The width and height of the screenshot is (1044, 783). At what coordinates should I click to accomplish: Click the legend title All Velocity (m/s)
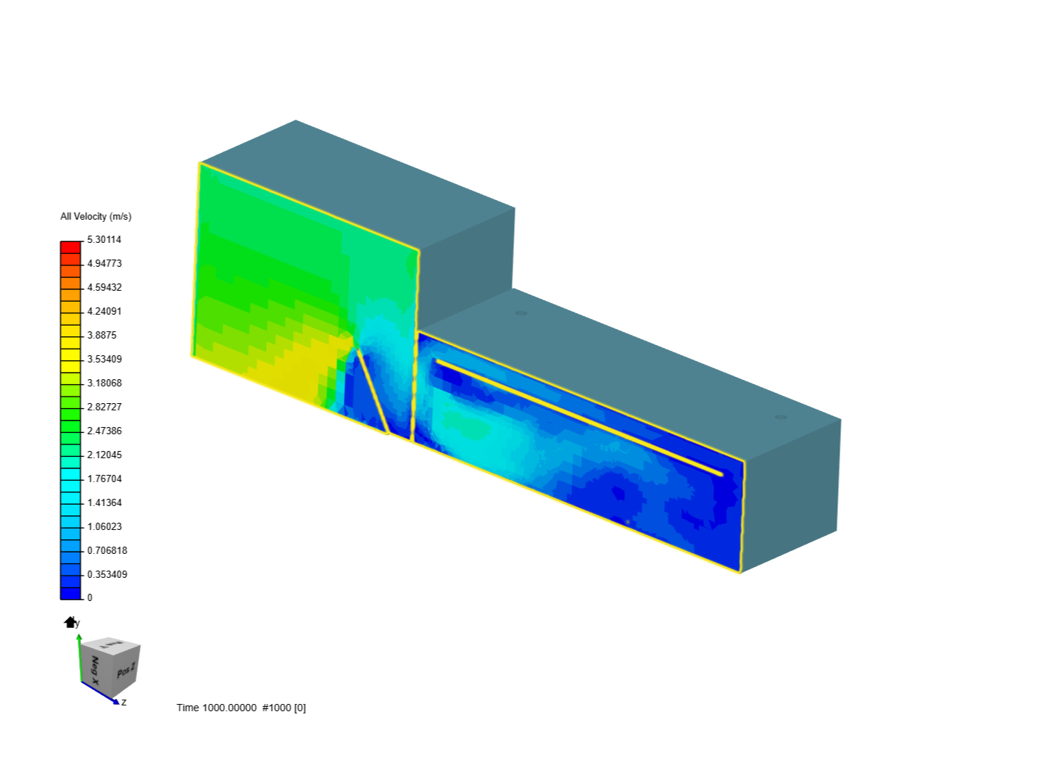(x=96, y=216)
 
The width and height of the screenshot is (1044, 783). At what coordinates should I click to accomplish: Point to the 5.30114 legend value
(x=104, y=239)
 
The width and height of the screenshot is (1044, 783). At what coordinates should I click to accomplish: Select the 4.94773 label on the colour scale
(x=104, y=263)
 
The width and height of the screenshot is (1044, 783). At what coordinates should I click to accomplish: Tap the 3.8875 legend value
(x=101, y=335)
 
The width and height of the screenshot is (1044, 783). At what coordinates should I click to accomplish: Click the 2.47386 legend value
(x=104, y=431)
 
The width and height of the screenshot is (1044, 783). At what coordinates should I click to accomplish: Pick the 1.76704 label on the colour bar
(x=104, y=478)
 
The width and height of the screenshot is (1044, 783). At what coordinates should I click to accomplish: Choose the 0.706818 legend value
(x=107, y=550)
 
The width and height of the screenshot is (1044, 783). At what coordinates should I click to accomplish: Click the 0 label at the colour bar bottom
(x=90, y=597)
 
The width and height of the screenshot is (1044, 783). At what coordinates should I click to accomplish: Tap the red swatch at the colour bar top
(x=70, y=247)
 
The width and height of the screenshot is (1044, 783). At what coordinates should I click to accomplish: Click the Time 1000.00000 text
(x=216, y=708)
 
